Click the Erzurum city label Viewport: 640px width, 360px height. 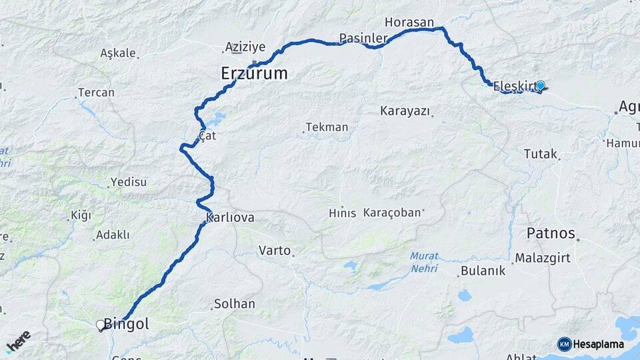click(254, 73)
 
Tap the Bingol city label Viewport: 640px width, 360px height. click(126, 325)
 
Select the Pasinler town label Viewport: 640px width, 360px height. click(363, 38)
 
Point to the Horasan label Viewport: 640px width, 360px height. click(409, 22)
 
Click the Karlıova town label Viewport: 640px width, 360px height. click(230, 217)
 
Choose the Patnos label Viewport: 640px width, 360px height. click(551, 233)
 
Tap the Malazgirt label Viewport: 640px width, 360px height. click(543, 258)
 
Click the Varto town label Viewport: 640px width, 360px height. click(275, 251)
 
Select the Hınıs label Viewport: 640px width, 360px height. click(342, 213)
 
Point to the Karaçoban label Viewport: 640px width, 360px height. click(393, 213)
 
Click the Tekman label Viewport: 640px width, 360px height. click(327, 127)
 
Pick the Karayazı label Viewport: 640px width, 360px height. click(405, 110)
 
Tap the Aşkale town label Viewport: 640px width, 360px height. click(118, 53)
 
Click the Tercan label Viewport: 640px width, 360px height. click(96, 93)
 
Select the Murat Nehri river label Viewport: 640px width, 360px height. click(424, 261)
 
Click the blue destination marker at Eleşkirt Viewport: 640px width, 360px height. click(541, 85)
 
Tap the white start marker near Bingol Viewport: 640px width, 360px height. click(101, 325)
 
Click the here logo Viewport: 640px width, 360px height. click(18, 341)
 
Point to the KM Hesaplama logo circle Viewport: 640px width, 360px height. click(565, 344)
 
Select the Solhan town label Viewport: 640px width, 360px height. click(234, 304)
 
